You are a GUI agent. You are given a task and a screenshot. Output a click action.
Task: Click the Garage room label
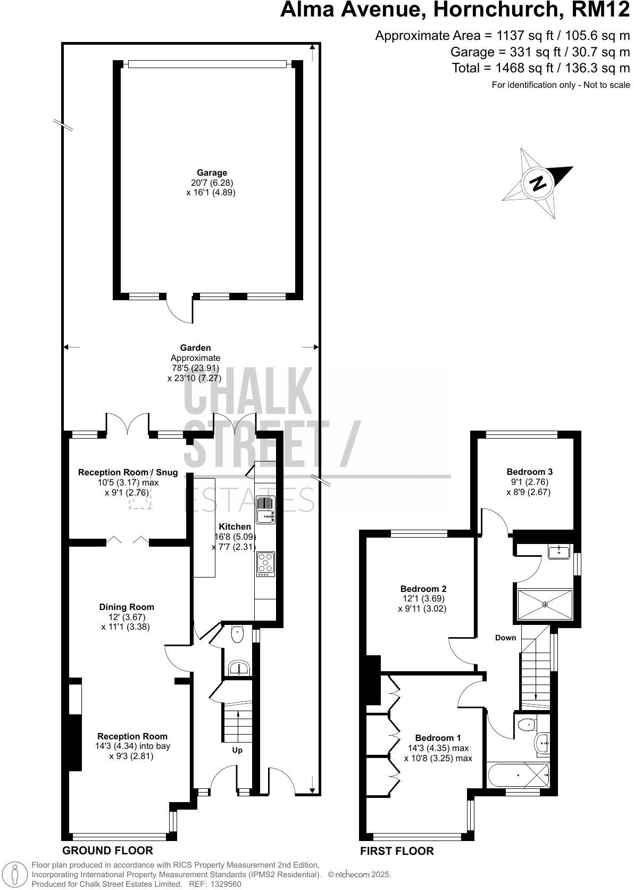coord(212,172)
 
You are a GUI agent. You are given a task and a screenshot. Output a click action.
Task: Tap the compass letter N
coord(538,183)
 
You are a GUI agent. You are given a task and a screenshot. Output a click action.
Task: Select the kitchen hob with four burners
coord(265,563)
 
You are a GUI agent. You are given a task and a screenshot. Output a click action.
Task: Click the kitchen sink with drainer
coord(265,509)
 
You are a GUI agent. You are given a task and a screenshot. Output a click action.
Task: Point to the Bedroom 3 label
coord(529,472)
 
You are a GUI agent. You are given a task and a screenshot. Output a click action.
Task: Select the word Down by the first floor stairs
coord(505,638)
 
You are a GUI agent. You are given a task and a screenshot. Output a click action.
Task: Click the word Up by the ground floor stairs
coord(237,751)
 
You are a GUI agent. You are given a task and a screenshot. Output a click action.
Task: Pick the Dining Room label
coord(127,607)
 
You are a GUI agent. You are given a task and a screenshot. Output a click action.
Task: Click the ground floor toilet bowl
coord(237,634)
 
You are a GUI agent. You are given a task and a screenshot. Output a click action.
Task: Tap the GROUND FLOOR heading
coord(107,851)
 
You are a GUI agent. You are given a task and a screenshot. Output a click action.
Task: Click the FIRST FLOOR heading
coord(397,851)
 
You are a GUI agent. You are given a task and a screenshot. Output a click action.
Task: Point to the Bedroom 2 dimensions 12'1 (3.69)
coord(422,598)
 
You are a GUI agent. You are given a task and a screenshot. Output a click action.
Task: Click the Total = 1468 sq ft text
coord(540,68)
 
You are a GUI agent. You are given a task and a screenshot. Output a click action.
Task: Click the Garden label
coord(195,348)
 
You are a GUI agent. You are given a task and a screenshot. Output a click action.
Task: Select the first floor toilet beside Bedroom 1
coord(526,724)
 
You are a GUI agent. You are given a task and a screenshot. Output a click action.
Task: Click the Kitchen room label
coord(234,526)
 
